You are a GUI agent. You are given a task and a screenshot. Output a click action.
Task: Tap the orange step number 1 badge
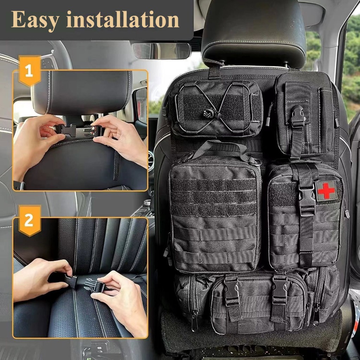click(30, 70)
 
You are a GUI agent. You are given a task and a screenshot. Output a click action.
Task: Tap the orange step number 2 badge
click(30, 220)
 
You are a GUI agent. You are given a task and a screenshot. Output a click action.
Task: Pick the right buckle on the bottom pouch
click(279, 290)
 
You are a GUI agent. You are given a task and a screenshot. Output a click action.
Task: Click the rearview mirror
click(161, 51)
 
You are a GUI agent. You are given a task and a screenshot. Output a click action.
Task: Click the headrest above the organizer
click(254, 32)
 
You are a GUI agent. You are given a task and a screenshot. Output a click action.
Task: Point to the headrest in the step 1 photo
click(82, 92)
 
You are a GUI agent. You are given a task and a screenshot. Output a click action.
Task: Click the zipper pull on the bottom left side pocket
click(194, 321)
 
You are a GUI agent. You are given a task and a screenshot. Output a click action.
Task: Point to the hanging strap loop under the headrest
click(215, 69)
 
